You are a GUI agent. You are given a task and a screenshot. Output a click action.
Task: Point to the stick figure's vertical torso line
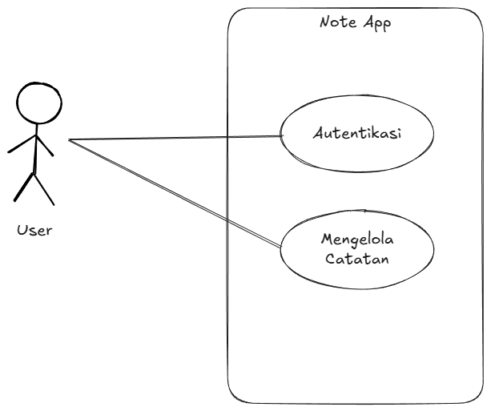[x=34, y=152]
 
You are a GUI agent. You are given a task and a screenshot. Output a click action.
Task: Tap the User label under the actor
[x=34, y=231]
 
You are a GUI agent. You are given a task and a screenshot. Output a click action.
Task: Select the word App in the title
[x=376, y=22]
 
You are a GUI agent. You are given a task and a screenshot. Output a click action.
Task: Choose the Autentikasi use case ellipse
[x=356, y=133]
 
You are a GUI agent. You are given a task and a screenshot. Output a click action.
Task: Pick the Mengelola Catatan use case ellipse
[x=356, y=250]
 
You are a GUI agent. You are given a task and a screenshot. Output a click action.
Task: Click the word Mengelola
[x=356, y=240]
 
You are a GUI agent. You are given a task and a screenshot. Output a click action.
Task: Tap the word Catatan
[x=356, y=261]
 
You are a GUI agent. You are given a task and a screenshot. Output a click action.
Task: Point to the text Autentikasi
[x=356, y=133]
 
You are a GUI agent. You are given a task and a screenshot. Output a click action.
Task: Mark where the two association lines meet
[x=69, y=140]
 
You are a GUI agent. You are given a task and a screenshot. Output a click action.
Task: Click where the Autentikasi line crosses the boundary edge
[x=228, y=138]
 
